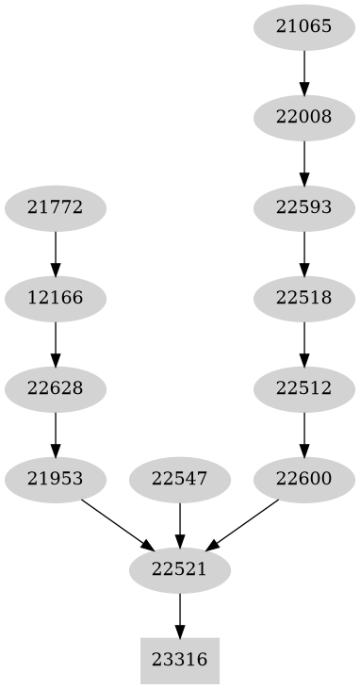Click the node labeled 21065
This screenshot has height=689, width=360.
pyautogui.click(x=304, y=26)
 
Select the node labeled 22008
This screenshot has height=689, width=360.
pyautogui.click(x=304, y=117)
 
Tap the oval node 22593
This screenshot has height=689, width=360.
pyautogui.click(x=304, y=207)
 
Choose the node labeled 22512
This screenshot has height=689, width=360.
pyautogui.click(x=304, y=388)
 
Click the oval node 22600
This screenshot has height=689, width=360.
pyautogui.click(x=304, y=479)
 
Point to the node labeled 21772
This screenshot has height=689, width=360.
pyautogui.click(x=56, y=207)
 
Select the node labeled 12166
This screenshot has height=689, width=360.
pyautogui.click(x=56, y=299)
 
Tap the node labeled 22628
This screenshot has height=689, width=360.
pyautogui.click(x=56, y=388)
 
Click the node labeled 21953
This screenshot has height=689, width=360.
pyautogui.click(x=56, y=479)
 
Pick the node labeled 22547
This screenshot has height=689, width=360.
pyautogui.click(x=180, y=479)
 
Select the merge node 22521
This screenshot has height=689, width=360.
pyautogui.click(x=180, y=569)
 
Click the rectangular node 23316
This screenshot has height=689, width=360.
pyautogui.click(x=180, y=660)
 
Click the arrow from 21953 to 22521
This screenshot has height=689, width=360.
pyautogui.click(x=118, y=524)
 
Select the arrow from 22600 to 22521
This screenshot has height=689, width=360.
pyautogui.click(x=242, y=524)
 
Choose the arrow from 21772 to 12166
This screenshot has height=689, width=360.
pyautogui.click(x=56, y=253)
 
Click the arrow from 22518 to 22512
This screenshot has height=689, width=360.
pyautogui.click(x=304, y=343)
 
